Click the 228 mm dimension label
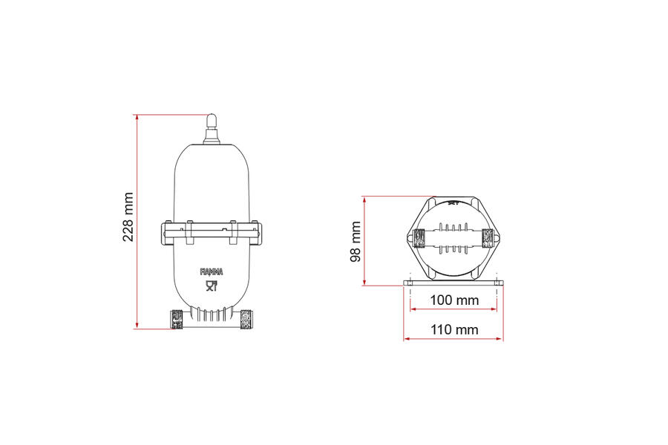128,217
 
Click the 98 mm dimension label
356,242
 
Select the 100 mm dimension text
454,300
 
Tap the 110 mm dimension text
454,329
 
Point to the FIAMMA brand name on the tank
212,271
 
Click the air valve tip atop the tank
212,119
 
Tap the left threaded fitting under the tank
177,320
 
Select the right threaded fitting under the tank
246,320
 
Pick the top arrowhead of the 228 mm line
137,116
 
